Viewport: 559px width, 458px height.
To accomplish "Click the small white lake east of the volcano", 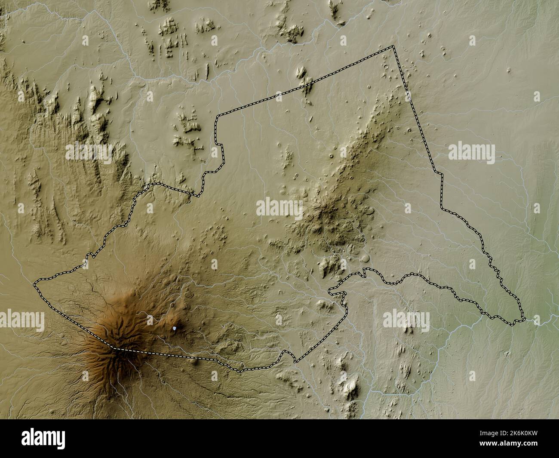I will pyautogui.click(x=174, y=328).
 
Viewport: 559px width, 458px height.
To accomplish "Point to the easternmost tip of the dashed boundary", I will pyautogui.click(x=525, y=319).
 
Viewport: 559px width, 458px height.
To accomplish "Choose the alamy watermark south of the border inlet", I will pyautogui.click(x=406, y=320).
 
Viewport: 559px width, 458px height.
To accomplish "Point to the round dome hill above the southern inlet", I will pyautogui.click(x=366, y=258).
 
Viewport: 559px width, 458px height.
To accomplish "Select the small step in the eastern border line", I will pyautogui.click(x=439, y=173).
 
